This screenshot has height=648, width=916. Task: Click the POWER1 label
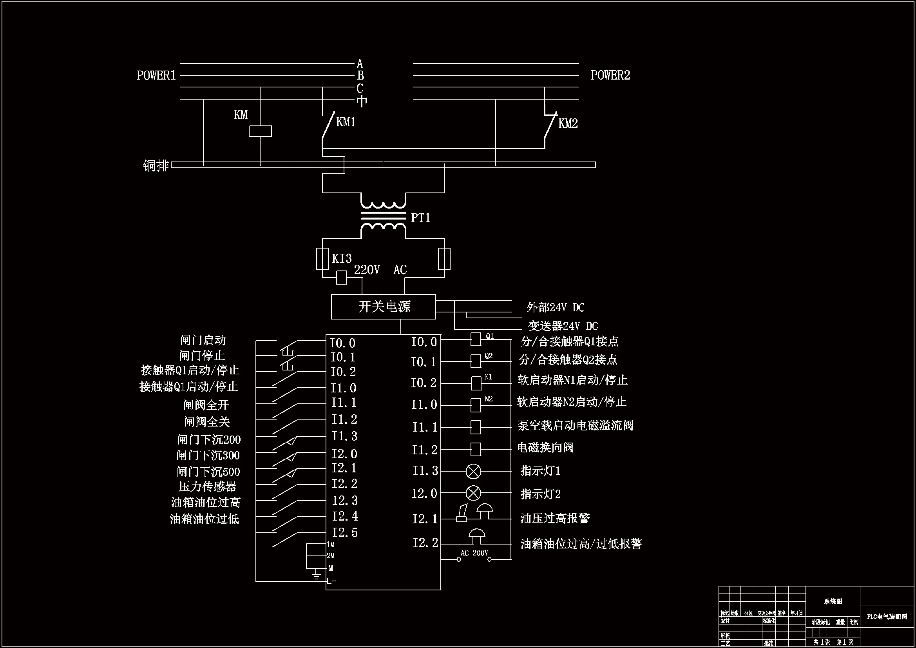point(156,75)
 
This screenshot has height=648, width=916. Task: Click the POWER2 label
point(610,75)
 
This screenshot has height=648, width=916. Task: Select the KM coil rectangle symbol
point(260,131)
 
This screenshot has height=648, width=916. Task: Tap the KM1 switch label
point(346,122)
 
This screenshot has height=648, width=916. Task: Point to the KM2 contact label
point(568,123)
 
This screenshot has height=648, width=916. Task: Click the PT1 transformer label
point(420,218)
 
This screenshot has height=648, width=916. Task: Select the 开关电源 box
point(383,307)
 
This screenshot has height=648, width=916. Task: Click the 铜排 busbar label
point(156,165)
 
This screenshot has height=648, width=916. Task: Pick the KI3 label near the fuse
point(342,259)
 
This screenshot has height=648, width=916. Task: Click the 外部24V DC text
point(555,307)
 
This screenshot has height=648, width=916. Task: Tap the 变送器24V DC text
point(563,326)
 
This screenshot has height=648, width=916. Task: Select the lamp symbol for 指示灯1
point(474,472)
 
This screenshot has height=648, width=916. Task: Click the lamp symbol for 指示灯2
point(474,494)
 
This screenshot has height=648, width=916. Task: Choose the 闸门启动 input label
point(203,340)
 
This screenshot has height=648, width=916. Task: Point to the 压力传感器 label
point(208,487)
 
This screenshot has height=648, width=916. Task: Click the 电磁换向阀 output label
point(545,448)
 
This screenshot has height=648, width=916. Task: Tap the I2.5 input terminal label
point(345,533)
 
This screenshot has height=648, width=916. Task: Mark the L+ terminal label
point(331,581)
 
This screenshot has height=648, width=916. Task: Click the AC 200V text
point(474,553)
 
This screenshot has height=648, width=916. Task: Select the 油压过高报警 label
point(555,518)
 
